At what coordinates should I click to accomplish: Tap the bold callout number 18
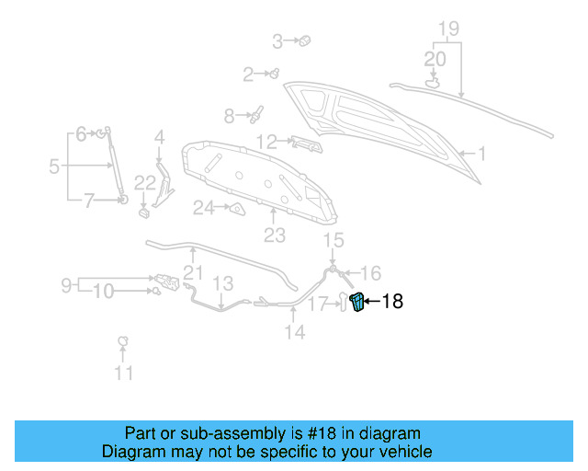pos(392,301)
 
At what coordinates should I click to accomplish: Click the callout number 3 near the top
pos(277,40)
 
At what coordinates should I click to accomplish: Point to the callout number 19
pos(447,29)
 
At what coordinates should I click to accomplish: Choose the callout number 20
pos(435,59)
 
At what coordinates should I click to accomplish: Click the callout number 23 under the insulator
pos(275,235)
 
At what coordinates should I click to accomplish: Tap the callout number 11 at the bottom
pos(123,373)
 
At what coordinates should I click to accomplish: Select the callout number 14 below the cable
pos(294,332)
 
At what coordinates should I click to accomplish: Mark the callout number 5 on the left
pos(54,167)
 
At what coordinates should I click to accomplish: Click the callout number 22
pos(145,183)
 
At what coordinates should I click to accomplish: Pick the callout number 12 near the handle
pos(266,142)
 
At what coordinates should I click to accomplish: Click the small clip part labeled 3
pos(306,40)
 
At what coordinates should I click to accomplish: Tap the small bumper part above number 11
pos(122,342)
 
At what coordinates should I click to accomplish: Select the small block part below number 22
pos(145,213)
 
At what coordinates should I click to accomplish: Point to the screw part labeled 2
pos(273,73)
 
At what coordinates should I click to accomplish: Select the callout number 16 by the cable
pos(369,272)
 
